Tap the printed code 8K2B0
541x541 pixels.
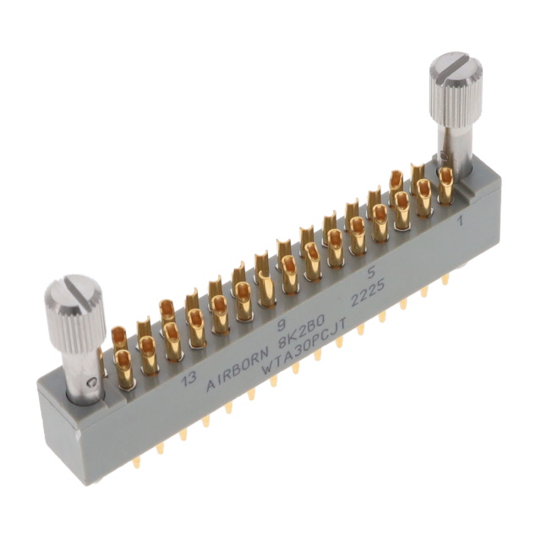click(x=301, y=331)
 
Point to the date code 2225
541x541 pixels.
click(x=367, y=295)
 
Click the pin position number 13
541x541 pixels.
click(x=189, y=379)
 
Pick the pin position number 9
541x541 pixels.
click(x=282, y=325)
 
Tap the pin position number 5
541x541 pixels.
click(x=371, y=273)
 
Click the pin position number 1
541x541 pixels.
click(x=459, y=221)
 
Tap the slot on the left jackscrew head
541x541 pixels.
click(x=76, y=285)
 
